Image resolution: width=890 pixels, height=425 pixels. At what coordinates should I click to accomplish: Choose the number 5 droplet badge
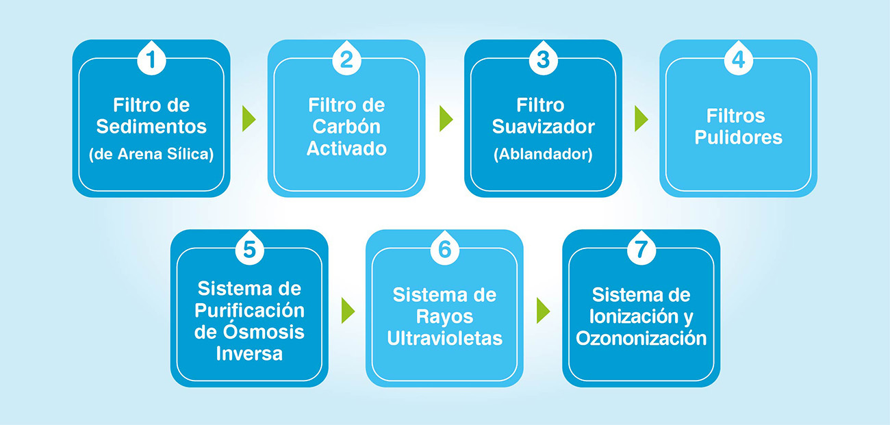pyautogui.click(x=249, y=248)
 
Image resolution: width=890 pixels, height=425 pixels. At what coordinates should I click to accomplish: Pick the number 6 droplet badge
pyautogui.click(x=444, y=248)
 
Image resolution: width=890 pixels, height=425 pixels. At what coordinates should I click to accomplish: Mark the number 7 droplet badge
pyautogui.click(x=641, y=248)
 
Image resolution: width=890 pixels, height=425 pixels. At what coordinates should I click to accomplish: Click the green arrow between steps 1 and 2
pyautogui.click(x=249, y=118)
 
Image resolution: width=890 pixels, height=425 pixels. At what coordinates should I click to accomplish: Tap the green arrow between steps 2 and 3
pyautogui.click(x=446, y=118)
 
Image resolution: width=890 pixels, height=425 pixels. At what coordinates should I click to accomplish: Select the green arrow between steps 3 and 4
pyautogui.click(x=641, y=118)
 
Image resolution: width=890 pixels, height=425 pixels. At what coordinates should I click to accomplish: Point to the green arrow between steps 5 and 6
pyautogui.click(x=348, y=310)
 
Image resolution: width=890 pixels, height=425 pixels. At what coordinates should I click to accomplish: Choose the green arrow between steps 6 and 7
pyautogui.click(x=543, y=310)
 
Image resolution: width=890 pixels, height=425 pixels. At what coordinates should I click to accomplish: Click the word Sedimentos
pyautogui.click(x=151, y=127)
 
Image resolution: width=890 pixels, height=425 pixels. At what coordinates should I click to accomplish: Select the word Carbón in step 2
pyautogui.click(x=346, y=127)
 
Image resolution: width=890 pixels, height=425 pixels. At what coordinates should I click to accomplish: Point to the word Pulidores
pyautogui.click(x=738, y=137)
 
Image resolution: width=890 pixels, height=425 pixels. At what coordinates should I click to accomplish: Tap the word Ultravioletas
pyautogui.click(x=444, y=338)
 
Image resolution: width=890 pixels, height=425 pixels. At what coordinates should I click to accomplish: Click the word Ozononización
pyautogui.click(x=641, y=338)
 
